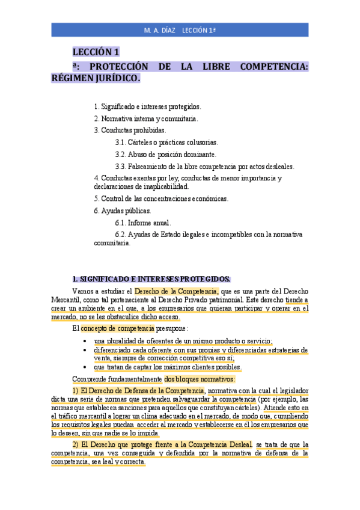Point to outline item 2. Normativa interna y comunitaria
145,118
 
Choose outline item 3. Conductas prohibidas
130,130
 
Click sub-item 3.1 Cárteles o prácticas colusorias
166,143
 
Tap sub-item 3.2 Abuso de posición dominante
165,155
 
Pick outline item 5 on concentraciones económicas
161,198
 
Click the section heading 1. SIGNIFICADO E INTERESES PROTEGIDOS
151,278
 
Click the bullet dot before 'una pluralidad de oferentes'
88,340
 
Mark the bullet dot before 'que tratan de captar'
88,367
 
